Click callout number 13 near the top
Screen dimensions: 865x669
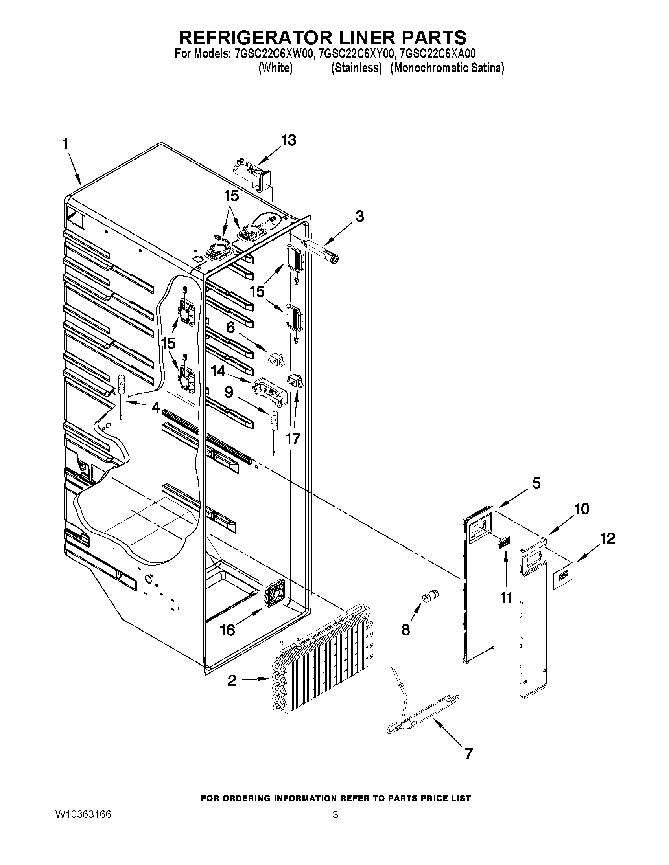[289, 140]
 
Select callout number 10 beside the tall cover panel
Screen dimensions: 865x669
[582, 509]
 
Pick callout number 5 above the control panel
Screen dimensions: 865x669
[536, 483]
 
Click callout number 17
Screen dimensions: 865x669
[293, 439]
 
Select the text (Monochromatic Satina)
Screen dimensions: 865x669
[447, 68]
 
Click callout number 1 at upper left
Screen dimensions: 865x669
[65, 144]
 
